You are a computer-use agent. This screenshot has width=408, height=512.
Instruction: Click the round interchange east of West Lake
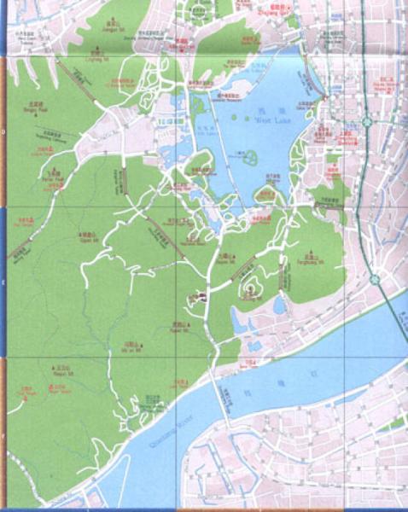point(366,122)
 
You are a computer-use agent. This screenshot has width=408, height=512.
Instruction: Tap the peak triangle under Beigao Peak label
point(30,104)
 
